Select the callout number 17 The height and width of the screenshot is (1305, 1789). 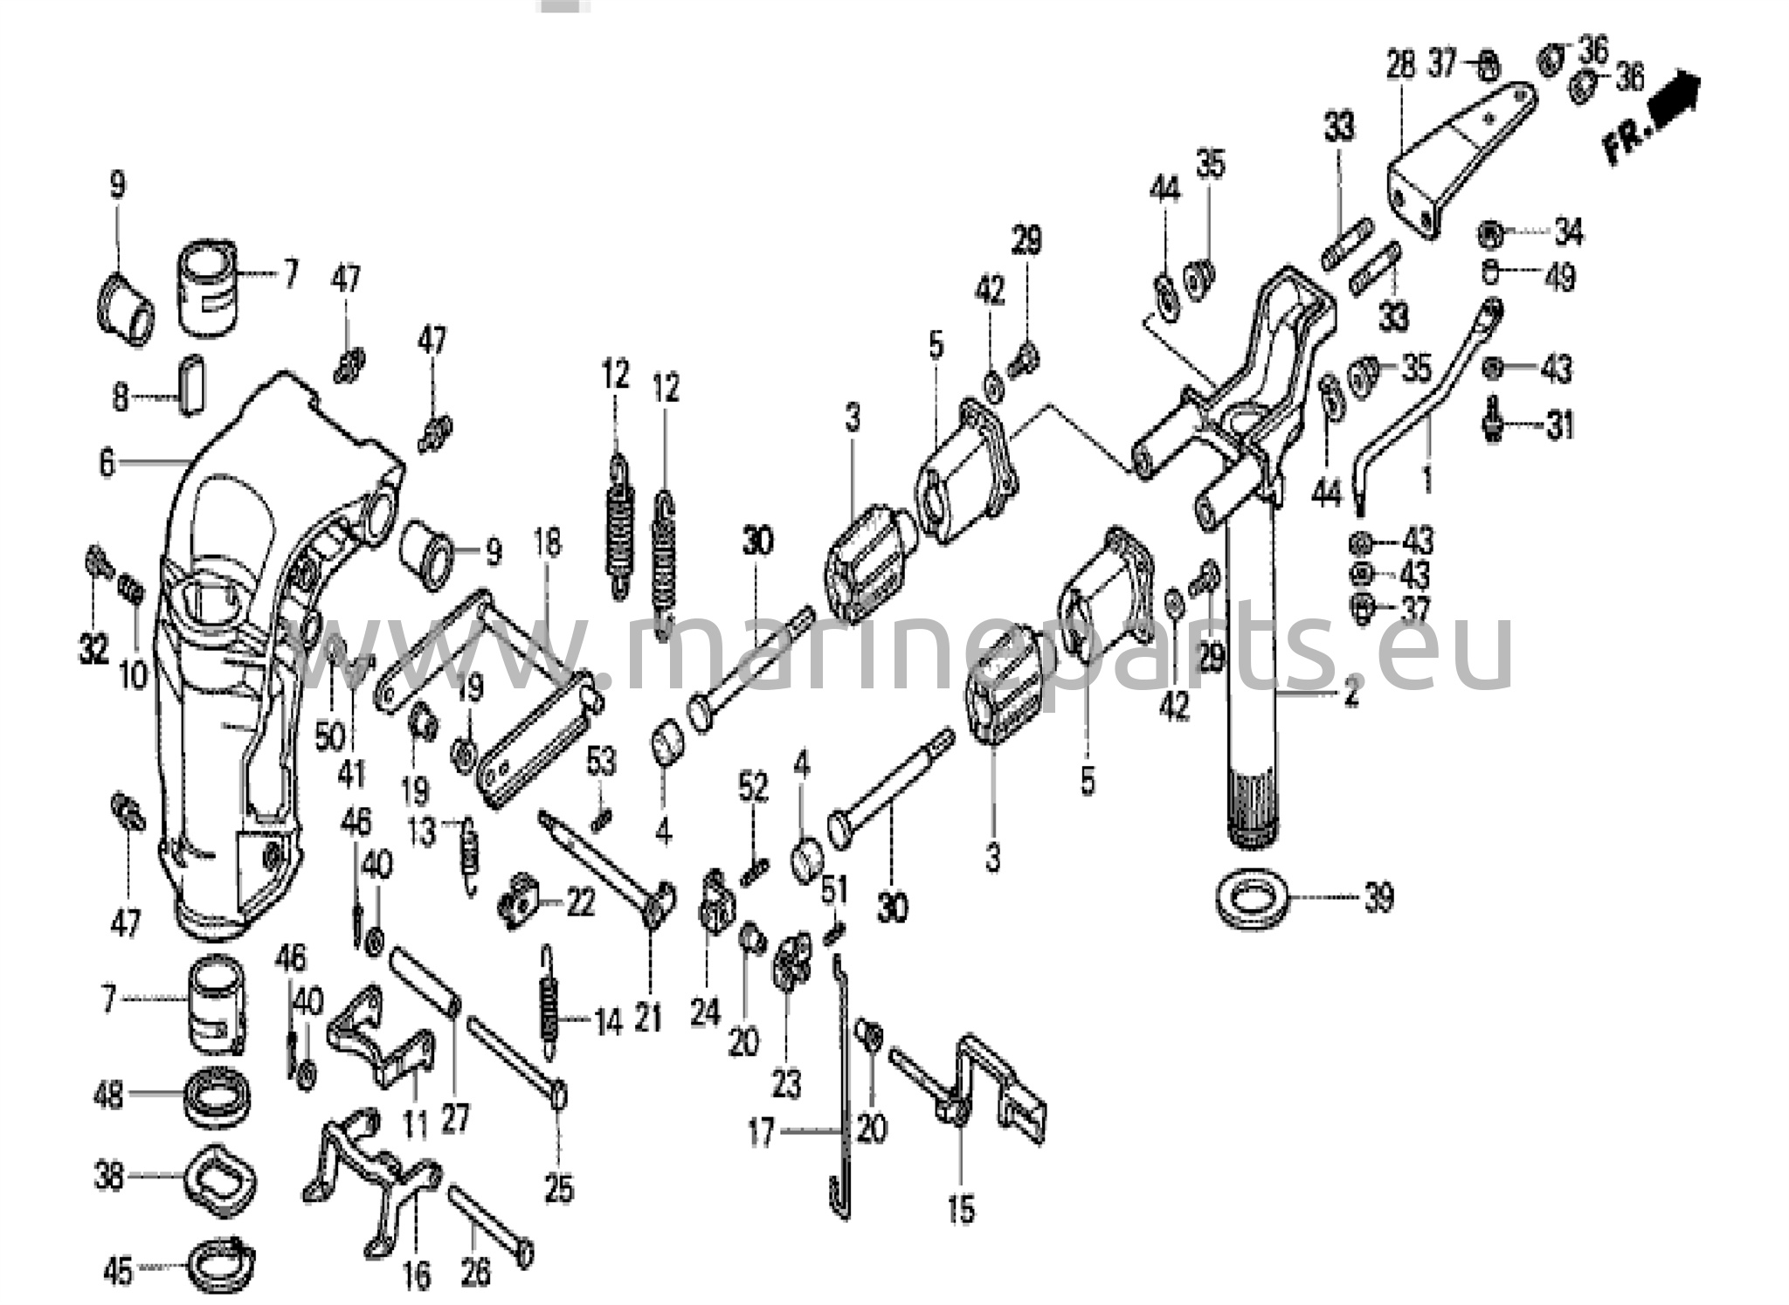[761, 1134]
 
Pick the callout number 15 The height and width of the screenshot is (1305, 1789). [960, 1210]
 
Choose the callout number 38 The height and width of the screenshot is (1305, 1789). [108, 1177]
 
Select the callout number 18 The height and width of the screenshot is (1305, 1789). [547, 544]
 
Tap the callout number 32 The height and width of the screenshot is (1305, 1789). [93, 649]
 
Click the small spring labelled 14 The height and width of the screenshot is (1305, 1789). [549, 996]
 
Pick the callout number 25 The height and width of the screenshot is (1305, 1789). [559, 1188]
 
